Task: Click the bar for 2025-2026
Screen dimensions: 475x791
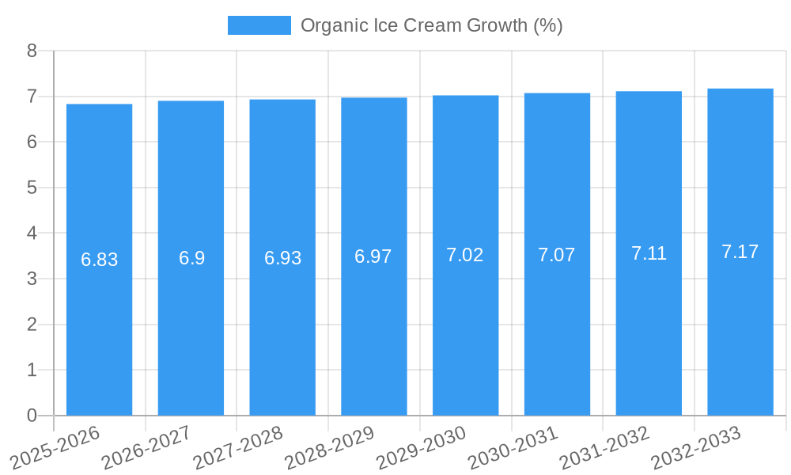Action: click(99, 332)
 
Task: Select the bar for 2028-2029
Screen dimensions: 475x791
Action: click(374, 332)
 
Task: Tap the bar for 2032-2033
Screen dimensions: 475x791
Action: click(740, 332)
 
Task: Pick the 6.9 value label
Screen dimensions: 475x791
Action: click(191, 258)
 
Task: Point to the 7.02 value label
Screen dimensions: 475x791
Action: click(465, 255)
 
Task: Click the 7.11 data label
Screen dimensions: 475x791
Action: click(649, 253)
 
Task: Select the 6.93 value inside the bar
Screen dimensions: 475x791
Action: click(282, 258)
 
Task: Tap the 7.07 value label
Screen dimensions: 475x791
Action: click(557, 255)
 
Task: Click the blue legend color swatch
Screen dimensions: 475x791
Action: click(259, 25)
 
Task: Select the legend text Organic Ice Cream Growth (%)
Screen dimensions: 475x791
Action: click(431, 25)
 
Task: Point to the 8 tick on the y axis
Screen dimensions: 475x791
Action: click(32, 51)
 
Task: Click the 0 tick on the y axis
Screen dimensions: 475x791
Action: click(32, 416)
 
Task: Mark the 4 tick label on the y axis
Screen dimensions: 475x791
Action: click(32, 234)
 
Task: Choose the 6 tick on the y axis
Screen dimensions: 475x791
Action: click(32, 142)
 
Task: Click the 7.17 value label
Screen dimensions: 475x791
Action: click(740, 252)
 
